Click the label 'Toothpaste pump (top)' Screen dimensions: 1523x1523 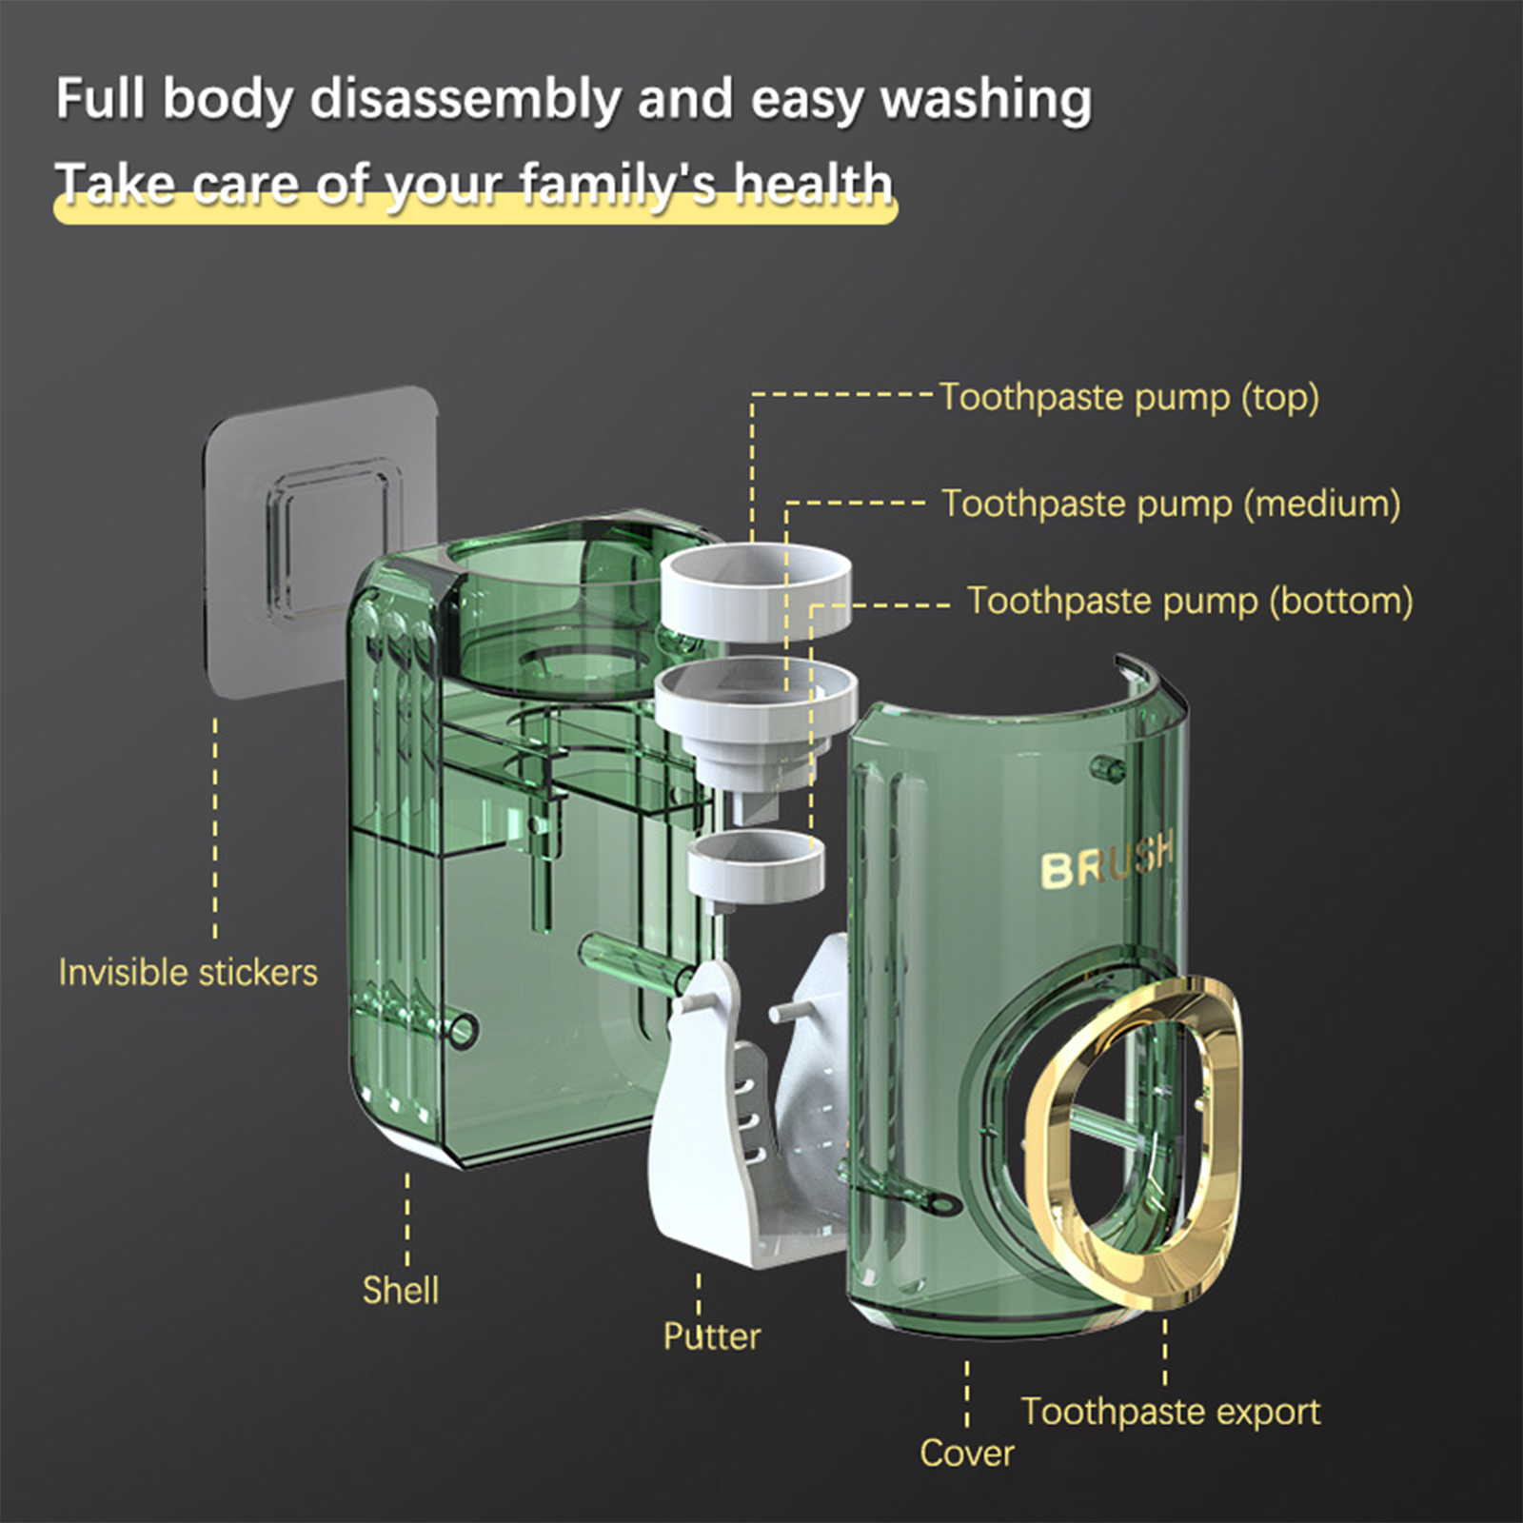coord(1130,398)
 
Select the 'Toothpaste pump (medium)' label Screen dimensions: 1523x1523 coord(1171,504)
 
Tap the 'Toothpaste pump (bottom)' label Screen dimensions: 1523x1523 coord(1190,602)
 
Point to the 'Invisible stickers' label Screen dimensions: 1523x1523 coord(188,972)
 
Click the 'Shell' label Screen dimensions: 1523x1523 coord(401,1290)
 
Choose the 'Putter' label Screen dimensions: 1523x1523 coord(712,1336)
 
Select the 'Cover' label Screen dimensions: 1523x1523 coord(967,1453)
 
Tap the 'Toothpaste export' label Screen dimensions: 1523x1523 coord(1171,1412)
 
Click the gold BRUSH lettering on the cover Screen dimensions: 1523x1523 coord(1107,861)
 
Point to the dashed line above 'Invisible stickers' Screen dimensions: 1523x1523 coord(215,828)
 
